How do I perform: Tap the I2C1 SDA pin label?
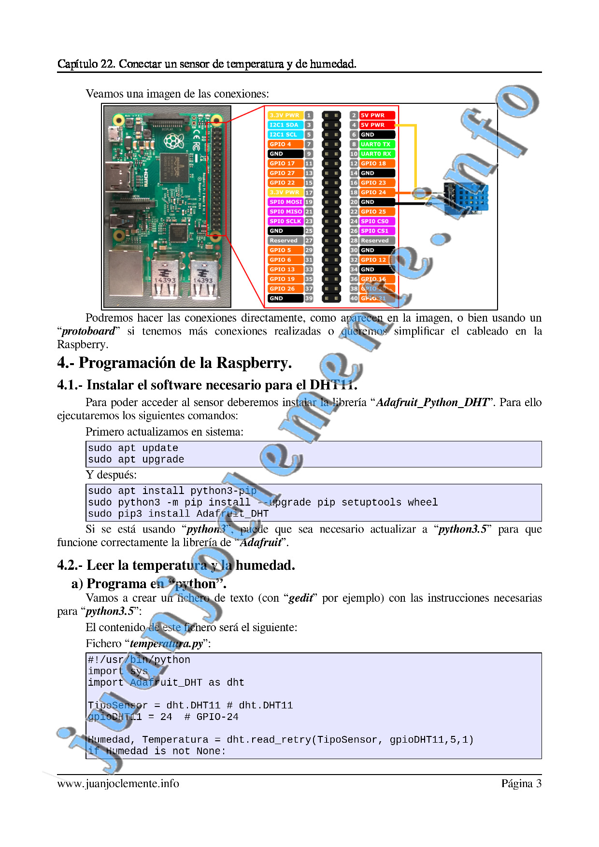(285, 125)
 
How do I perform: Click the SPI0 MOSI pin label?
(285, 202)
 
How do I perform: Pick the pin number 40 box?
(354, 298)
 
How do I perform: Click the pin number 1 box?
(309, 115)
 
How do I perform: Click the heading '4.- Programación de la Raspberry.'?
(174, 363)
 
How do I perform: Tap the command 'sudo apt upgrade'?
(136, 459)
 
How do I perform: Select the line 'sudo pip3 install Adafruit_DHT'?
(178, 514)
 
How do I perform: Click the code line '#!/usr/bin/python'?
(139, 660)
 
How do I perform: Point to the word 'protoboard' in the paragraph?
(88, 331)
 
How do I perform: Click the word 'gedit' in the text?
(301, 598)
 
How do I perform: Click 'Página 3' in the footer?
(521, 784)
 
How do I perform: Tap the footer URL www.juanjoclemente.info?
(118, 784)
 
